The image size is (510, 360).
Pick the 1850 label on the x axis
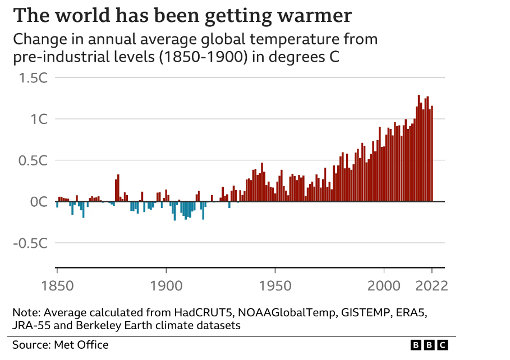tap(57, 286)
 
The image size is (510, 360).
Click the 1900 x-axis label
tap(166, 286)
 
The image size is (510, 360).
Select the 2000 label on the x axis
tap(384, 286)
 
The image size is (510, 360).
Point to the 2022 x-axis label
tap(431, 286)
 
